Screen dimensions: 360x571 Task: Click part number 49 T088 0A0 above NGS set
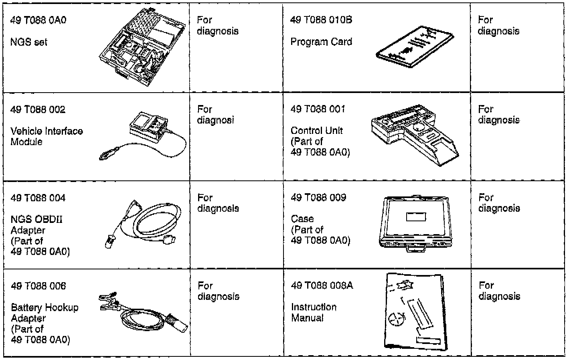[38, 20]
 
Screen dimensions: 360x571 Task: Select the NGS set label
[28, 42]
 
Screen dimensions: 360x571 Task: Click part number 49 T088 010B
[321, 20]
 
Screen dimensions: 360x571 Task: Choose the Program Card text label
[321, 42]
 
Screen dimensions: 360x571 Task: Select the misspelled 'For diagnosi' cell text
[216, 115]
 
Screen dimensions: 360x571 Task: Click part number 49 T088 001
[318, 109]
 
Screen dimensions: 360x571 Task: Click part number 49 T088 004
[38, 198]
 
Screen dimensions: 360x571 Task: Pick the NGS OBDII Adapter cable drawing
[148, 223]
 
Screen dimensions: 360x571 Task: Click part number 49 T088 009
[318, 197]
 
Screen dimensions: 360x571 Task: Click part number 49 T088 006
[38, 286]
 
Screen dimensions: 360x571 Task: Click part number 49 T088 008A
[322, 285]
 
